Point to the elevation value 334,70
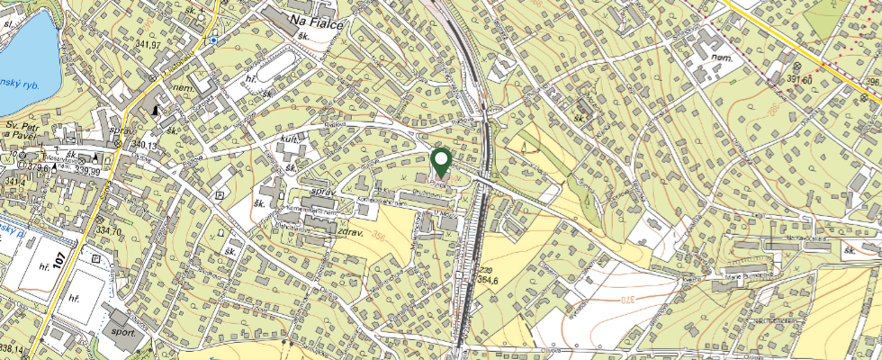click(108, 230)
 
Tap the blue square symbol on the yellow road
click(212, 40)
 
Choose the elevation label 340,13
click(143, 145)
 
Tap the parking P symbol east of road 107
click(219, 194)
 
